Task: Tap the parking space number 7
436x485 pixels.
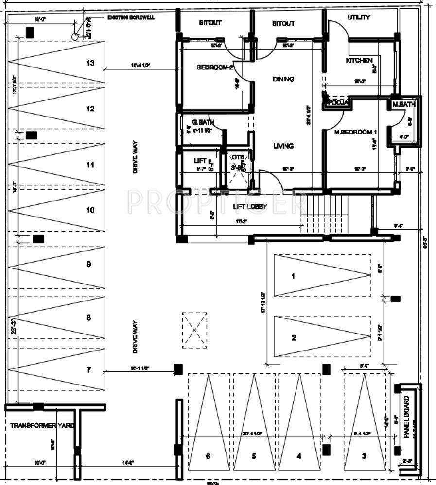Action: point(88,370)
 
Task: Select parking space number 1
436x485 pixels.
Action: point(293,276)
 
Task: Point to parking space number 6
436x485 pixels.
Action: point(208,456)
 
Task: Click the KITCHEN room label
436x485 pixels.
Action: point(359,61)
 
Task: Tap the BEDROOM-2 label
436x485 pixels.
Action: point(215,67)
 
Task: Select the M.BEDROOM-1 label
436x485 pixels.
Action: point(356,132)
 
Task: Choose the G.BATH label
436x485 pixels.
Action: point(203,123)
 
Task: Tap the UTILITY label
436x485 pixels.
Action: point(359,17)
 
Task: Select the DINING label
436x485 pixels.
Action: point(283,79)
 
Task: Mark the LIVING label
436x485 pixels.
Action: point(283,146)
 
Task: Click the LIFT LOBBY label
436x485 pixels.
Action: point(250,207)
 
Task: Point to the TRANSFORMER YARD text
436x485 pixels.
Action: point(42,425)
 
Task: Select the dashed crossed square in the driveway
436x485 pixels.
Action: point(194,330)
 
